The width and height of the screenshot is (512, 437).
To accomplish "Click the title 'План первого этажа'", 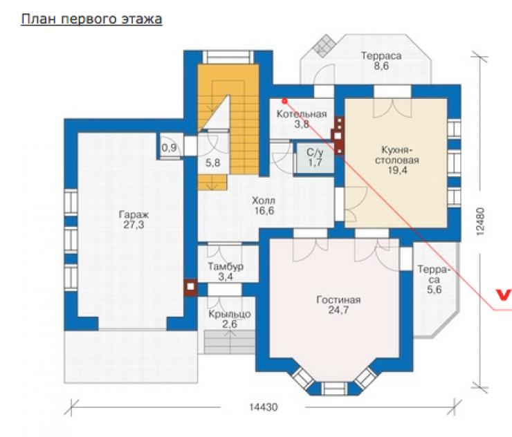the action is (x=92, y=19).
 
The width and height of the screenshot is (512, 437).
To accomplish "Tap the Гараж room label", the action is (x=134, y=215).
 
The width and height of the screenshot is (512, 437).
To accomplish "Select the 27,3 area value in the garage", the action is (x=134, y=225).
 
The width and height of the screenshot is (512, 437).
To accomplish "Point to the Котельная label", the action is (x=302, y=114).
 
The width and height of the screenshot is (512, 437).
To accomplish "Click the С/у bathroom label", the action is (x=315, y=152).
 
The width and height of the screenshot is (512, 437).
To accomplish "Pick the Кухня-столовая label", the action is (x=397, y=155).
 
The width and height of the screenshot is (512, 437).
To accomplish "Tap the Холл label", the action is (x=264, y=201).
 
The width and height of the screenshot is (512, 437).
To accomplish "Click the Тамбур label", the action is (x=226, y=267).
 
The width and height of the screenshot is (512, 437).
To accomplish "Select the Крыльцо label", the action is (x=230, y=314).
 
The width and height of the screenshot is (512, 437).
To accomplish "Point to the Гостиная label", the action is (x=338, y=299).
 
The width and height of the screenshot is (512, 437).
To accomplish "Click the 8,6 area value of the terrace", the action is (x=381, y=66).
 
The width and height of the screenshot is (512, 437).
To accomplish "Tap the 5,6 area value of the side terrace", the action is (x=435, y=290).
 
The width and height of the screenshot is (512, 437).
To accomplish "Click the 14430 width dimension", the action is (x=264, y=407).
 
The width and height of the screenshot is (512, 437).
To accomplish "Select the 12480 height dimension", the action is (x=480, y=221).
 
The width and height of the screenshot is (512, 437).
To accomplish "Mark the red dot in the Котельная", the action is (x=285, y=101).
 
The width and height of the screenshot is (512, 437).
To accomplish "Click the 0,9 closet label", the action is (x=169, y=148).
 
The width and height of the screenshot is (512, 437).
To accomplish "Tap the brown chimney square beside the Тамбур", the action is (x=191, y=287).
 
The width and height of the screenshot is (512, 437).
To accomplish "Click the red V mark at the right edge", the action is (x=503, y=295).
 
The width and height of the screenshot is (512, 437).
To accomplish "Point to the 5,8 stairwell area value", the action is (x=212, y=163).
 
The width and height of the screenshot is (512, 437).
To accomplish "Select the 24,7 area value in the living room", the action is (x=338, y=310).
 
